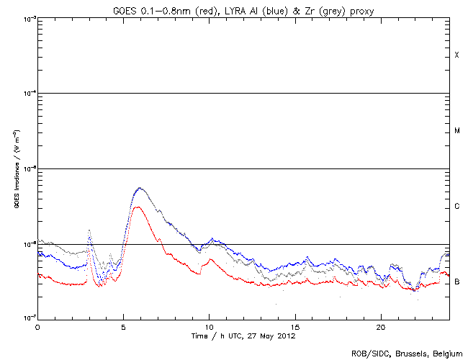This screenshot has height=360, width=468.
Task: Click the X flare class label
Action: [456, 55]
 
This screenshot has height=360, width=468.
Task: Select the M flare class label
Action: [456, 131]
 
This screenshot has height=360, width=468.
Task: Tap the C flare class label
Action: [456, 207]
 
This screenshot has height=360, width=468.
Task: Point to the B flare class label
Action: [456, 282]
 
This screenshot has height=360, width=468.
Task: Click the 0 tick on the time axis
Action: [37, 326]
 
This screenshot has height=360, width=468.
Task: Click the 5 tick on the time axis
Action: [123, 326]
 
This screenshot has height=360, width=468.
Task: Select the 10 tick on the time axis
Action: [209, 326]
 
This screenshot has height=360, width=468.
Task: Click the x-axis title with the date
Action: [243, 336]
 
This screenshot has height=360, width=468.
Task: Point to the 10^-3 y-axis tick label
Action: [29, 18]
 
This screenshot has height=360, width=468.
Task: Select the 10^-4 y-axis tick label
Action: [29, 94]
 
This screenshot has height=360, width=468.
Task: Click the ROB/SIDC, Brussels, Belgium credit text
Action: [407, 353]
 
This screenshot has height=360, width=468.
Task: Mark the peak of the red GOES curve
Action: [139, 207]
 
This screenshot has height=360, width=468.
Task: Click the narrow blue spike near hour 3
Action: [89, 231]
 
